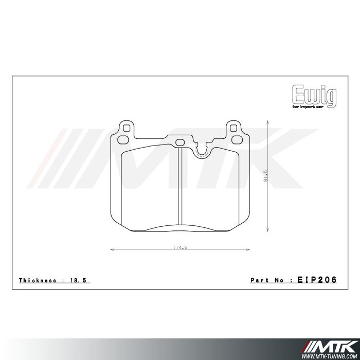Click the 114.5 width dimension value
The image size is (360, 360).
(x=178, y=247)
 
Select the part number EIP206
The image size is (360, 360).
(x=317, y=280)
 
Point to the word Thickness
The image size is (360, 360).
(x=38, y=280)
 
